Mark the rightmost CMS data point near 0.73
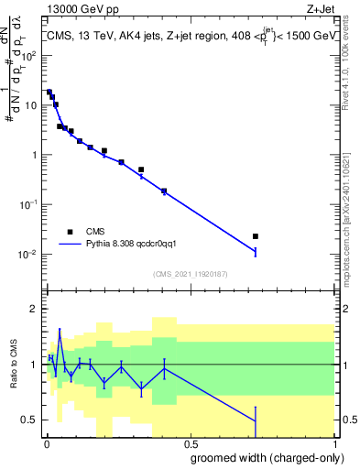[x=256, y=236]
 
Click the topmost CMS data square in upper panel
[x=49, y=92]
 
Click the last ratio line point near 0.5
[x=256, y=420]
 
